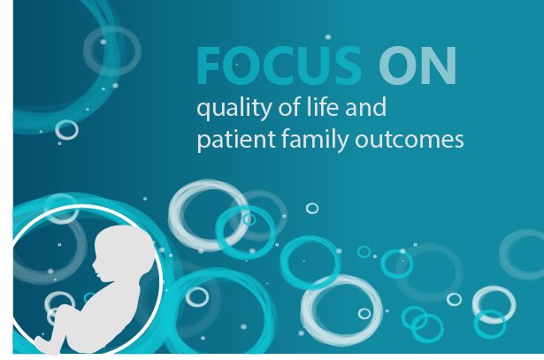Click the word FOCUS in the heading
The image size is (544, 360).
point(280,65)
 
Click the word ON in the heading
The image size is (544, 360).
point(418,65)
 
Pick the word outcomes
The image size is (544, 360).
point(409,140)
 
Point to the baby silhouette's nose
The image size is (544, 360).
point(94,266)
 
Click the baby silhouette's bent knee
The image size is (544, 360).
point(63,309)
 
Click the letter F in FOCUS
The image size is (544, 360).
point(208,65)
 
